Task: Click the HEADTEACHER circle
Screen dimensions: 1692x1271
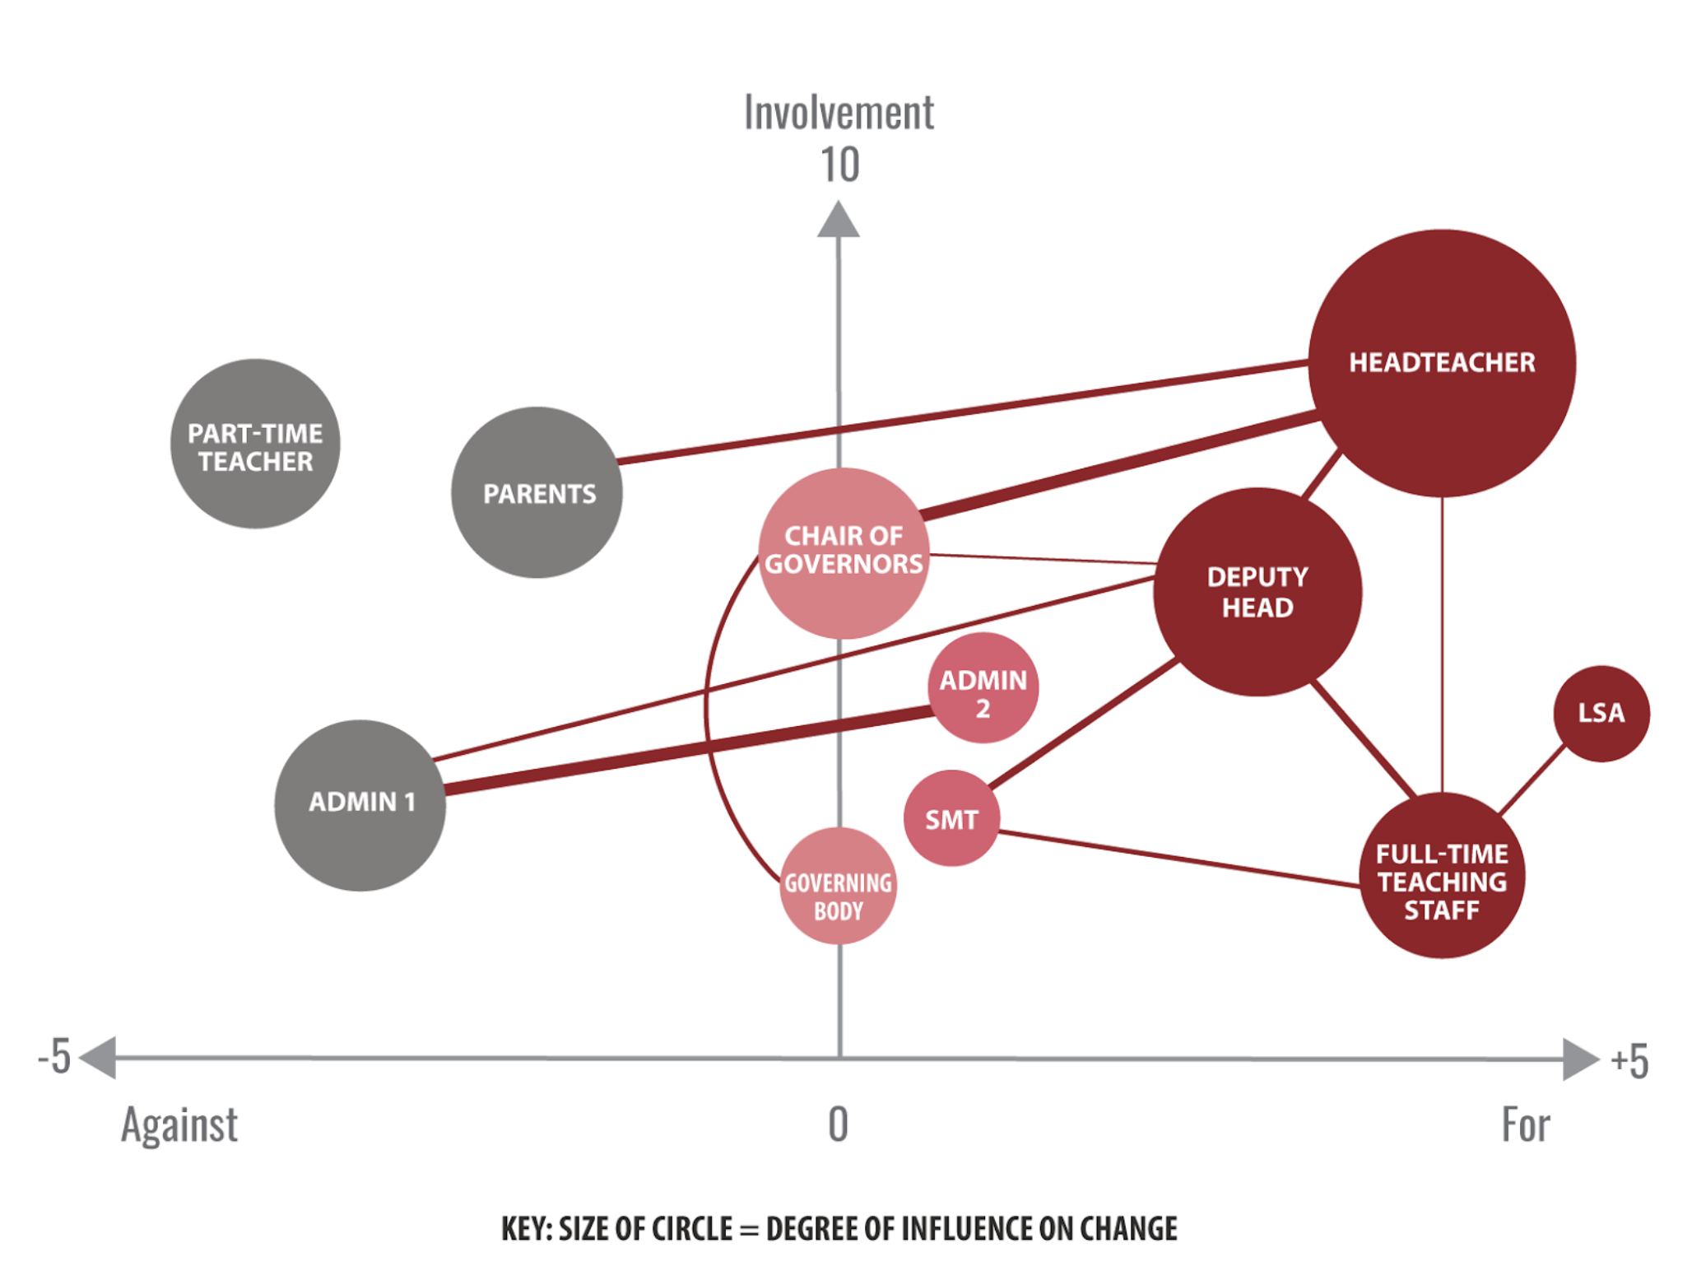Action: click(1442, 363)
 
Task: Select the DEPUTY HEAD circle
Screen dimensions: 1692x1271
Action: click(1257, 592)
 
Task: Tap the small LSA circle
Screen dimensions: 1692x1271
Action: click(1601, 714)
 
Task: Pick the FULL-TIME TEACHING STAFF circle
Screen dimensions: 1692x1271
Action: click(1442, 875)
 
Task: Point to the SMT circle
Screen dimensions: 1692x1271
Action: click(951, 818)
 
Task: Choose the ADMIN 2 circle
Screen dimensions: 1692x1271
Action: click(983, 688)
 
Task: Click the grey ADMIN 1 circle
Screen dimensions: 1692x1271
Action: click(360, 805)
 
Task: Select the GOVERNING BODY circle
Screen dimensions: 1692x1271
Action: click(839, 886)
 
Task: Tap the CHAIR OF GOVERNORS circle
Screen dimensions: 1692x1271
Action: click(844, 553)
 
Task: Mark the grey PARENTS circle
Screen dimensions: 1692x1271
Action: click(537, 492)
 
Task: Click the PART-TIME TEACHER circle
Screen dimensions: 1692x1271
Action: click(255, 444)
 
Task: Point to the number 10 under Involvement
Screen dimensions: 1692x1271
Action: click(839, 165)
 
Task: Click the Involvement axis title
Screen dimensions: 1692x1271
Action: click(839, 113)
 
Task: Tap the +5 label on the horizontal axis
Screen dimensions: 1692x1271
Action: click(1630, 1060)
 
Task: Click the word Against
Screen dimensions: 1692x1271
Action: click(179, 1125)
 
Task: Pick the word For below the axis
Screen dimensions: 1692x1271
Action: click(1526, 1124)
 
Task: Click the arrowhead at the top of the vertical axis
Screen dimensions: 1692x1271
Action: click(839, 220)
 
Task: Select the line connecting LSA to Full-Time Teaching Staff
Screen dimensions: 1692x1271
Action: click(1532, 780)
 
